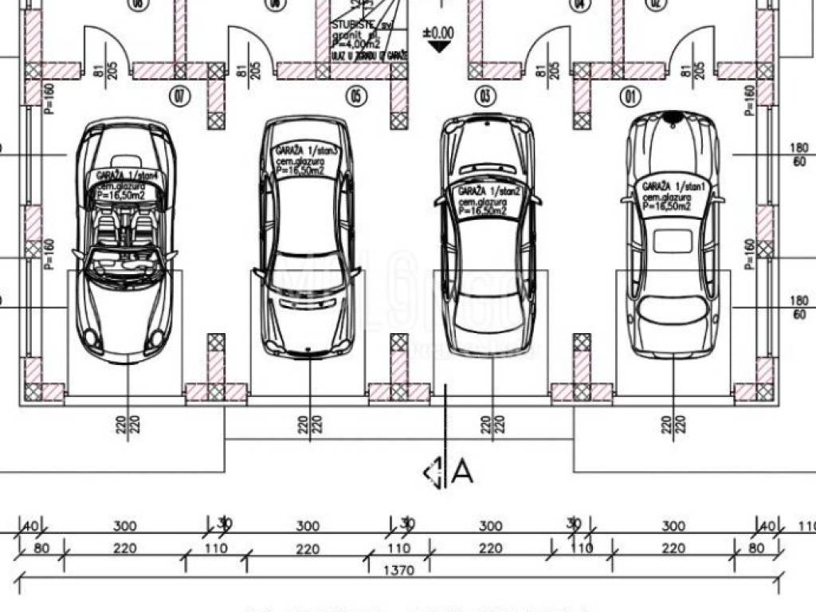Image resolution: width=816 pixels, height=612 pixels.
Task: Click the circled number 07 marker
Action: click(180, 97)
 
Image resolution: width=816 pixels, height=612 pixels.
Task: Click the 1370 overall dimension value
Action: click(398, 570)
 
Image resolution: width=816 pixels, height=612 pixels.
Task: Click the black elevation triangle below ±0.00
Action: click(437, 46)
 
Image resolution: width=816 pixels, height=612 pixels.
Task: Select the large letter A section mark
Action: click(462, 472)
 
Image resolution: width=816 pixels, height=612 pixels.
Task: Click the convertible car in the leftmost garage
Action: click(126, 239)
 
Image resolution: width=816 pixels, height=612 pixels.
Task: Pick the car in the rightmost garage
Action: click(673, 235)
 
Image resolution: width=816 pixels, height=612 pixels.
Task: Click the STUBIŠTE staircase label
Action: click(351, 26)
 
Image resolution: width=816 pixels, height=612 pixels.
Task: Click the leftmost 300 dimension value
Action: click(124, 527)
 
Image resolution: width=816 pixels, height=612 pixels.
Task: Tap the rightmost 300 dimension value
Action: click(673, 527)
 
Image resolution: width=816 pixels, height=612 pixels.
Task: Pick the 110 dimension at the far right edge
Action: click(806, 527)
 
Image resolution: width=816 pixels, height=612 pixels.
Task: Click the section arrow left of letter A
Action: click(434, 473)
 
